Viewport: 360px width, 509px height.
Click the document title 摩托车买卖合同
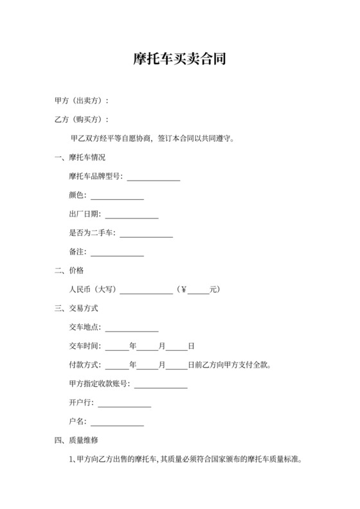click(179, 60)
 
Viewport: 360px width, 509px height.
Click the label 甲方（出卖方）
click(80, 101)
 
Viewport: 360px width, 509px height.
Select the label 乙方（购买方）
click(80, 120)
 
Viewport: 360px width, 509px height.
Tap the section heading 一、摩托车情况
click(80, 157)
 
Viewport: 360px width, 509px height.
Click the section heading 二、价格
click(69, 271)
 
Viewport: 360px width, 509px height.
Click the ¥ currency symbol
click(183, 290)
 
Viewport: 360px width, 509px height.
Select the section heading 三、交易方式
click(76, 308)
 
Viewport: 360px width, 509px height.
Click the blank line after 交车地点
click(131, 330)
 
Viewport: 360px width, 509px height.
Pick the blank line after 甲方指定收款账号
click(160, 387)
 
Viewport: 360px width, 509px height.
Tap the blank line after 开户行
click(124, 406)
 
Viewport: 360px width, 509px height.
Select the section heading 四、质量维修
click(76, 441)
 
